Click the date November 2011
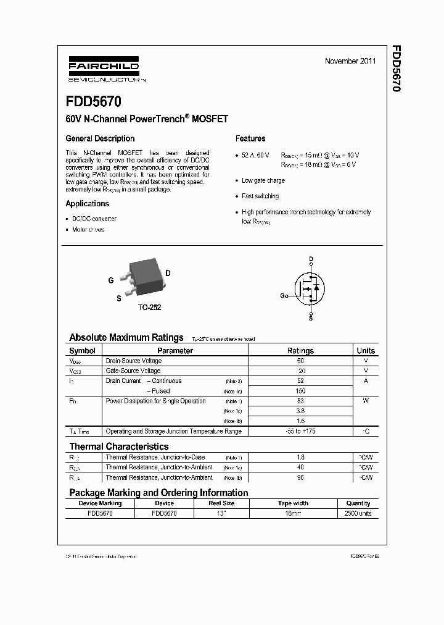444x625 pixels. tap(350, 61)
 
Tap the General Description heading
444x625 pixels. tap(100, 138)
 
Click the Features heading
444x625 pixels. tap(250, 138)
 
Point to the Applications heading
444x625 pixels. tap(88, 203)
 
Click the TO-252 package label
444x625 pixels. tap(149, 307)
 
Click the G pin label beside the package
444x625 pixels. tap(111, 280)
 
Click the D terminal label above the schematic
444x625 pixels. tap(311, 259)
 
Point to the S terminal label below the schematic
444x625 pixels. tap(311, 318)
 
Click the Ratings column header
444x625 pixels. tap(300, 350)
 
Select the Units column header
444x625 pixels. tap(366, 350)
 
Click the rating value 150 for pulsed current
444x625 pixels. tap(300, 391)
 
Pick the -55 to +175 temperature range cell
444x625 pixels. tap(300, 431)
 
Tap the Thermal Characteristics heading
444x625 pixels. tap(118, 446)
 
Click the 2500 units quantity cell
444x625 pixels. tap(358, 513)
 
